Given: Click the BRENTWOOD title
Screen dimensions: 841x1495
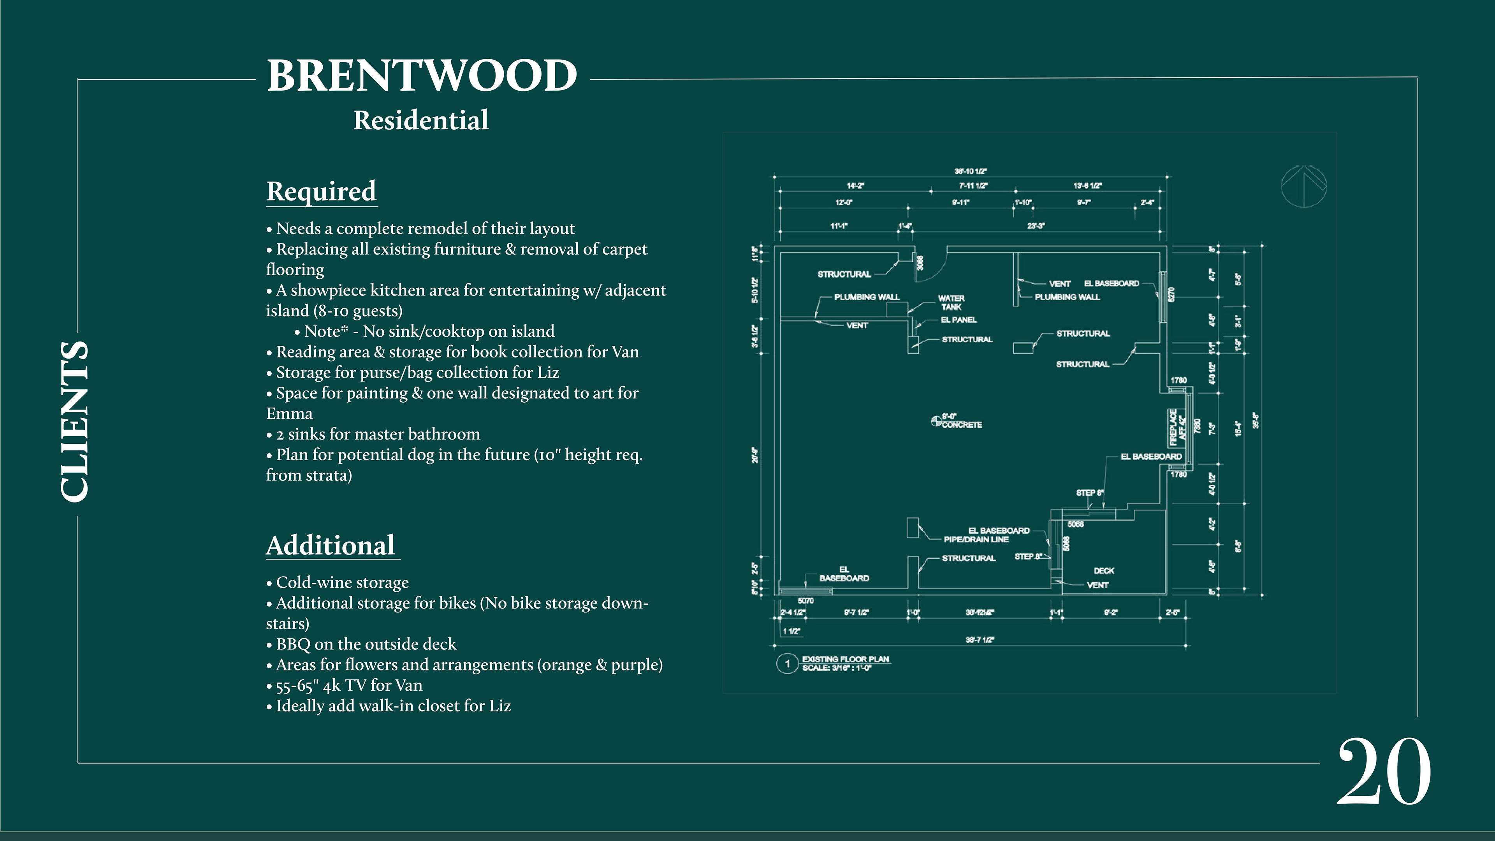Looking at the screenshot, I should (x=422, y=76).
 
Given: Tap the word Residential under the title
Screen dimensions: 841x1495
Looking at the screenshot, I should (x=421, y=121).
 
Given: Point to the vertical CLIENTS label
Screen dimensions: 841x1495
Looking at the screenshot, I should (x=75, y=421).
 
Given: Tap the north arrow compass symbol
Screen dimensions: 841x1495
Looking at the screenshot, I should (x=1303, y=186).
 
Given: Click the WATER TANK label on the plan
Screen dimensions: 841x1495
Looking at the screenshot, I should (x=951, y=303).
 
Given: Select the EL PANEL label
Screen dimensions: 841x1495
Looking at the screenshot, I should (x=958, y=320).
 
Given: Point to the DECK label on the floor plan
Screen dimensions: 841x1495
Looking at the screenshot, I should (x=1103, y=570).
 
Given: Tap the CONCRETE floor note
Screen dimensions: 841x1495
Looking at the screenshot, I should (x=962, y=425).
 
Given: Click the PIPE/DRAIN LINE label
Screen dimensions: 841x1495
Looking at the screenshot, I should (x=976, y=539).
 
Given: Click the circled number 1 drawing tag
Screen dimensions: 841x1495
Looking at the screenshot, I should (x=787, y=663).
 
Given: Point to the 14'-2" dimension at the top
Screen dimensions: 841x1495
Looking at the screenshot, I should (x=855, y=186).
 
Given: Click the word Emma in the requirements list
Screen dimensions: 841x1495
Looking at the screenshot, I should (x=289, y=414).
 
